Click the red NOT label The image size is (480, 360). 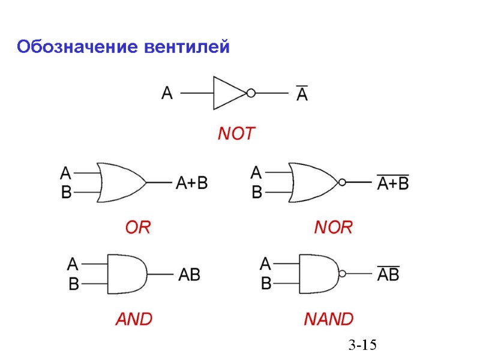tap(236, 133)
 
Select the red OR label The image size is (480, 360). tap(138, 227)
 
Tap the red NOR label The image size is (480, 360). tap(333, 227)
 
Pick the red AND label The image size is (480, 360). tap(134, 318)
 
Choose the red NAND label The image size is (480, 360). tap(328, 318)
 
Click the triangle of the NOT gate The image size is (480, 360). tap(227, 93)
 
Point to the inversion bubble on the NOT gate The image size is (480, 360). tap(251, 93)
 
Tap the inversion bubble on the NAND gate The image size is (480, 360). tap(342, 274)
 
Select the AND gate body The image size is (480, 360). tap(126, 274)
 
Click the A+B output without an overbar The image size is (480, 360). tap(191, 182)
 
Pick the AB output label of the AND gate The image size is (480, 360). tap(190, 275)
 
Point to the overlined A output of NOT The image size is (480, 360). tap(302, 94)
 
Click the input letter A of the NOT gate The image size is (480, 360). tap(167, 93)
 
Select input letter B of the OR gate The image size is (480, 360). tap(66, 193)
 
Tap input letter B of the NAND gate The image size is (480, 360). tap(266, 283)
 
